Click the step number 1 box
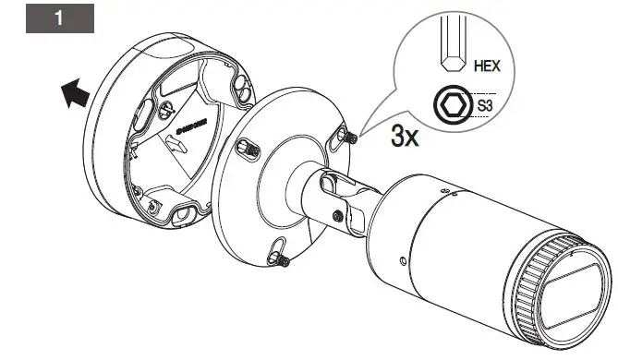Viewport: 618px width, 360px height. [60, 19]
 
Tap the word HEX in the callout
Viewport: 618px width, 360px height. [487, 66]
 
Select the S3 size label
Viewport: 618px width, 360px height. [485, 107]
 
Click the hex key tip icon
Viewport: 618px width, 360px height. [453, 55]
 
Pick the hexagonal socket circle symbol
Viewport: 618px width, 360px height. [453, 106]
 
